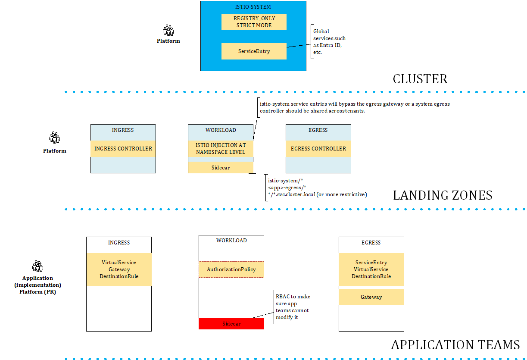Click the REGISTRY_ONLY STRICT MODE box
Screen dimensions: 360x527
[x=254, y=22]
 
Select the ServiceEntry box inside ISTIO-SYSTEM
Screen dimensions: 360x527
[x=254, y=51]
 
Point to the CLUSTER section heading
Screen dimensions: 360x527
[x=420, y=79]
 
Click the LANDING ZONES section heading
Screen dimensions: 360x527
[x=442, y=195]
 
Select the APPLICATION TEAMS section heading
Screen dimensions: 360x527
[x=455, y=345]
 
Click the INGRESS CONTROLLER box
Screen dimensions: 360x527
[x=123, y=149]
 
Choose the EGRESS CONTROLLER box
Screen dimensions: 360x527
[x=318, y=149]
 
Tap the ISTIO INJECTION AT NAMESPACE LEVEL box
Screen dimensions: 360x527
[x=220, y=149]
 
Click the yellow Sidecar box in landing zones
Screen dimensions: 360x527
[x=220, y=168]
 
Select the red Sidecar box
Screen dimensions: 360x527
[x=231, y=324]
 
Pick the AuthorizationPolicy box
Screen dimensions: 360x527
[x=231, y=269]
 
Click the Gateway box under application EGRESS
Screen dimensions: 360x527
[x=371, y=297]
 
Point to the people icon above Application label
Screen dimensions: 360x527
[x=38, y=266]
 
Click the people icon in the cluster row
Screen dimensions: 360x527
[x=168, y=30]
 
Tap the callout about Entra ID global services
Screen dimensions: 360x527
[x=329, y=42]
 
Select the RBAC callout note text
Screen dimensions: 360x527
[x=293, y=307]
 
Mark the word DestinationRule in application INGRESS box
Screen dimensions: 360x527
[x=119, y=276]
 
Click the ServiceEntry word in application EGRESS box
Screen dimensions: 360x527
[x=371, y=263]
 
